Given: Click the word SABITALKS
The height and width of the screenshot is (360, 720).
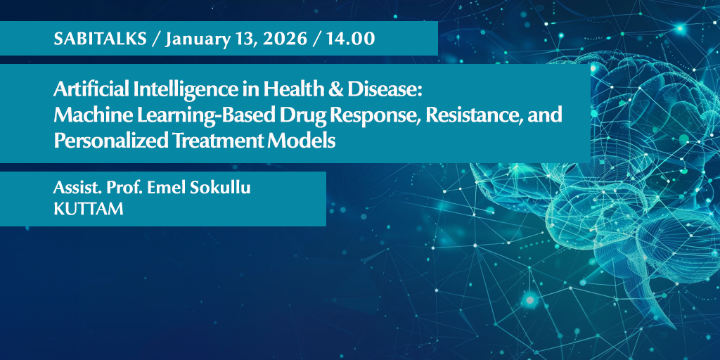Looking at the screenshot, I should [101, 39].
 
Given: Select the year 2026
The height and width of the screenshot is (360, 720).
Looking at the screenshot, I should [283, 39].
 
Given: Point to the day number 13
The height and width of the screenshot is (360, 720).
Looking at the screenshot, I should [243, 39].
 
